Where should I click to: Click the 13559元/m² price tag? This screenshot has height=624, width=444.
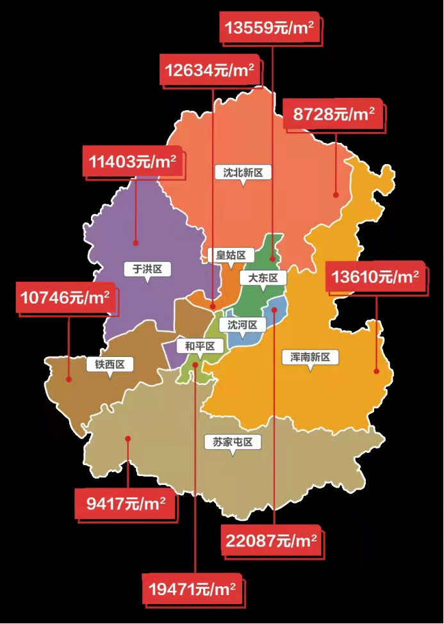point(270,28)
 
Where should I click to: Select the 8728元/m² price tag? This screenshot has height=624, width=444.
point(333,114)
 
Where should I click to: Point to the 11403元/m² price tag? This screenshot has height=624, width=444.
point(133,161)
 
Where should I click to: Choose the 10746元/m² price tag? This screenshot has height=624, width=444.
point(65,297)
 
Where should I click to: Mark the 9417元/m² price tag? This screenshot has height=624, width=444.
point(126,503)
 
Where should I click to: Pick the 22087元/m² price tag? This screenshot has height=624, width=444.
point(271,540)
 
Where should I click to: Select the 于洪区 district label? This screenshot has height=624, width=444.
point(147,268)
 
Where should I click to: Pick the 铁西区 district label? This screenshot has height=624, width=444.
point(110,365)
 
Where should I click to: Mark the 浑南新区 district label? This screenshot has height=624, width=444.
point(309,357)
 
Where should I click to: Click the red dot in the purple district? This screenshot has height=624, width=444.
point(136,243)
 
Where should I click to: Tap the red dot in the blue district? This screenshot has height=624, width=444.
point(274,310)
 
